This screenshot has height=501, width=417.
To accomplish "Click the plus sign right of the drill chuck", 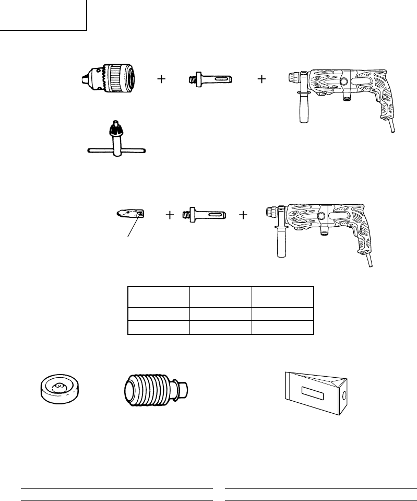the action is (x=162, y=79).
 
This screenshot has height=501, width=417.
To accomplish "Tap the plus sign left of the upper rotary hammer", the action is (x=261, y=79).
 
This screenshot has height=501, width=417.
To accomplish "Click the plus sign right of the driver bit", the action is (x=169, y=215).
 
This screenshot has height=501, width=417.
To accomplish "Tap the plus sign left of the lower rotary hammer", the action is (x=243, y=215).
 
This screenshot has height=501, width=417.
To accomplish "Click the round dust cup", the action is (x=59, y=389).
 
